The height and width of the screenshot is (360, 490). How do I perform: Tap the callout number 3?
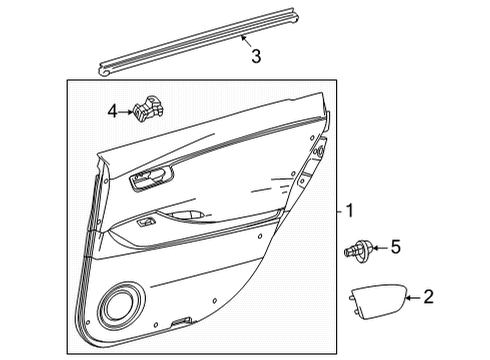[256, 57]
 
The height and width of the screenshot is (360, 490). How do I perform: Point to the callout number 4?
[112, 112]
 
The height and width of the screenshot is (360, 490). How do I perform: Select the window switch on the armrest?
[147, 222]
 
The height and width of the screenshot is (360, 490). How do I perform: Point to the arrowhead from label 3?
[241, 37]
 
